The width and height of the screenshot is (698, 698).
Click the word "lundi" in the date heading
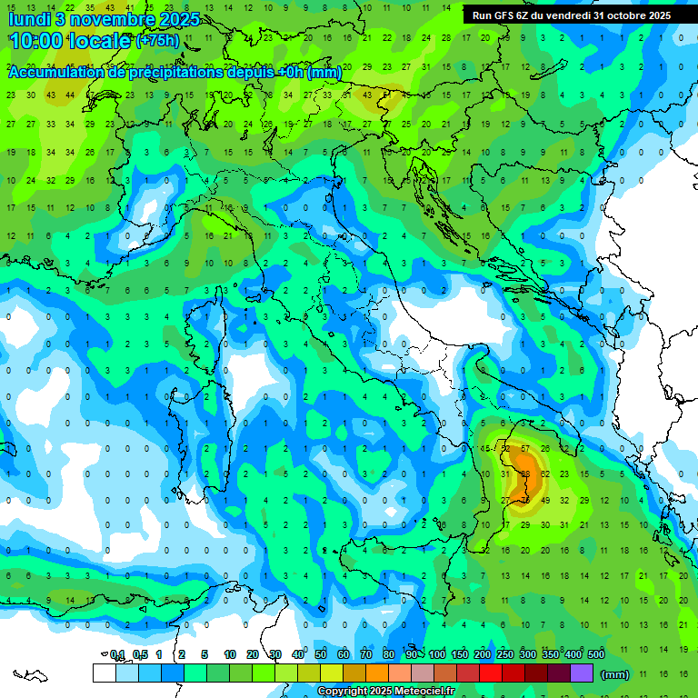point(29,18)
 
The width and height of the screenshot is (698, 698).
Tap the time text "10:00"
point(38,41)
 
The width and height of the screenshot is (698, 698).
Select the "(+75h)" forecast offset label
point(156,41)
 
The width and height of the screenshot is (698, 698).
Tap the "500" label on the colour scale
point(595,654)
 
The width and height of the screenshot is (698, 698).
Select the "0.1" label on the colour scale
point(117,654)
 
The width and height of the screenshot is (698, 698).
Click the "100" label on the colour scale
point(436,654)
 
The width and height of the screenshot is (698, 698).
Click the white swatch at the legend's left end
point(104,673)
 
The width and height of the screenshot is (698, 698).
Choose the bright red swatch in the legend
point(491,673)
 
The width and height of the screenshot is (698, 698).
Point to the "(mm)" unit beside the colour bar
point(614,674)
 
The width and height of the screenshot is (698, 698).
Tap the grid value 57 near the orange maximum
point(524,449)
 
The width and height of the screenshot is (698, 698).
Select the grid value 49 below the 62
point(545,501)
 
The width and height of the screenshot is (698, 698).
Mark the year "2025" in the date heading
point(173,18)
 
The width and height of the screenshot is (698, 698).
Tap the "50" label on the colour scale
point(321,654)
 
